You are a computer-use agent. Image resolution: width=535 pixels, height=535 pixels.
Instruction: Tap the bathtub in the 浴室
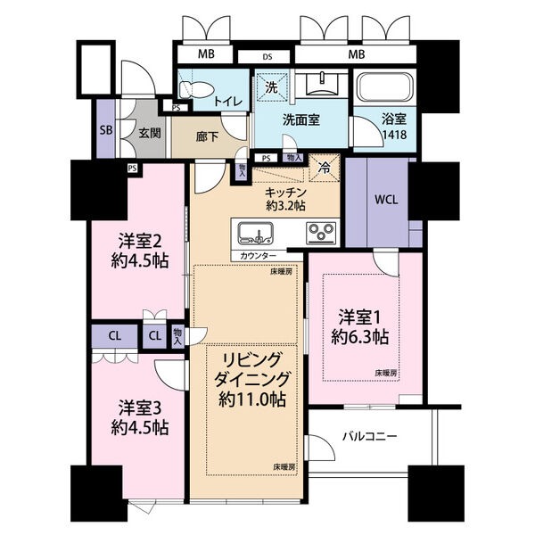pos(384,87)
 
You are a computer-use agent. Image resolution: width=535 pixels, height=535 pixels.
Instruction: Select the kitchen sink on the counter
pos(255,233)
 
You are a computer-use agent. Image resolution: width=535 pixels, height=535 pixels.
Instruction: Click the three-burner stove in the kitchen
pos(321,233)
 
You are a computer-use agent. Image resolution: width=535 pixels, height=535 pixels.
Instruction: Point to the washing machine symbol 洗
pos(272,87)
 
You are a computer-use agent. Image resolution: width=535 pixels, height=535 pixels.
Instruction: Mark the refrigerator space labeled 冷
pos(325,168)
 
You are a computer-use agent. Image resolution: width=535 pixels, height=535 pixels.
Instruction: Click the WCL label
pos(386,200)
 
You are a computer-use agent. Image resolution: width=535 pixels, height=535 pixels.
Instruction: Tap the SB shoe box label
pos(106,130)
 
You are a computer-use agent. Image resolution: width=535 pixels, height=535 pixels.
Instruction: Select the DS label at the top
pos(267,57)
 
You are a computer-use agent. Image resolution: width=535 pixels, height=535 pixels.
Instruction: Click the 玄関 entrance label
pos(150,133)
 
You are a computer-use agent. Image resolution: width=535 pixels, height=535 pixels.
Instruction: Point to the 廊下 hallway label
pos(207,136)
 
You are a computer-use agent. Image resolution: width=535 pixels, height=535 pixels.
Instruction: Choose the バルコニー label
pos(370,436)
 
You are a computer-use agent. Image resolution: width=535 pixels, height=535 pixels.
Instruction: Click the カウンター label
pos(259,256)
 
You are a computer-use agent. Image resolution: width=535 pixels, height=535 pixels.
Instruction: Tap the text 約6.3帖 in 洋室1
pos(359,337)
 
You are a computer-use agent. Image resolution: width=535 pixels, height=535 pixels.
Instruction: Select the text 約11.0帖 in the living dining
pos(252,399)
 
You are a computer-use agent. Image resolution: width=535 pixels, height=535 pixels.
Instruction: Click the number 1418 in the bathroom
pos(394,135)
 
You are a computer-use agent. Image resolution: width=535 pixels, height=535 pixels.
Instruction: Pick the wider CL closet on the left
pos(115,336)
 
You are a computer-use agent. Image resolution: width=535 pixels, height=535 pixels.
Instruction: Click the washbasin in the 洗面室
pos(322,84)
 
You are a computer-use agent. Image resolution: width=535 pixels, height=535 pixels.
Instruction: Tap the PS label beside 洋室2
pos(133,169)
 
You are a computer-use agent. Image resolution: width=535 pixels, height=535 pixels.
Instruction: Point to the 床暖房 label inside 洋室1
pos(387,374)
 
